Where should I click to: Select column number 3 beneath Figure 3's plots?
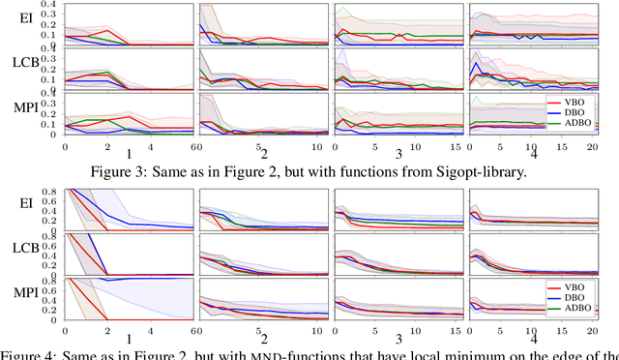(398, 154)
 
